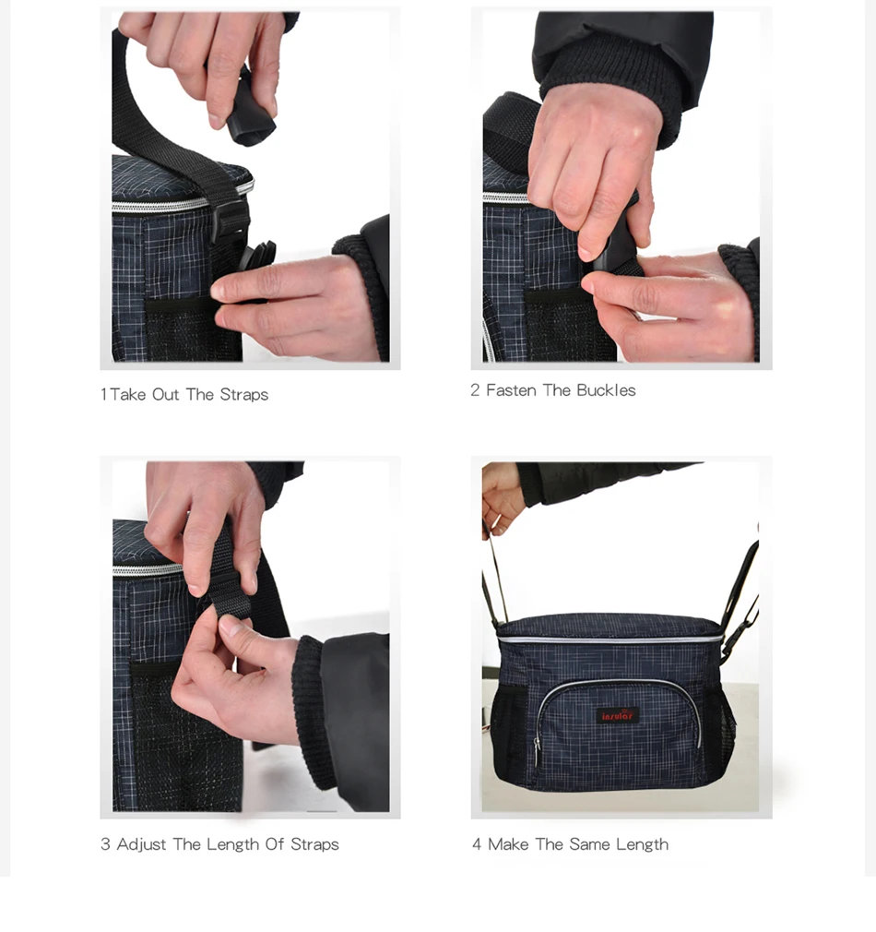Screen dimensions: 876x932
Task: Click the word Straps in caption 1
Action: [x=243, y=395]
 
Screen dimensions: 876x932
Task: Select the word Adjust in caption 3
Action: [x=141, y=844]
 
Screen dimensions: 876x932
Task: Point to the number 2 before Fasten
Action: [x=475, y=390]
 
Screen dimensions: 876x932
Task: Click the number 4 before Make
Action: [x=477, y=844]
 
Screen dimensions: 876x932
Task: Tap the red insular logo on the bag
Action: [x=618, y=715]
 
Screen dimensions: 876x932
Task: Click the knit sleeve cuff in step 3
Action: [x=314, y=711]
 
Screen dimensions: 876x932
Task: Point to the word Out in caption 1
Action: [x=165, y=395]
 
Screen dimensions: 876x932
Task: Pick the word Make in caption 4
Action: [x=508, y=844]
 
